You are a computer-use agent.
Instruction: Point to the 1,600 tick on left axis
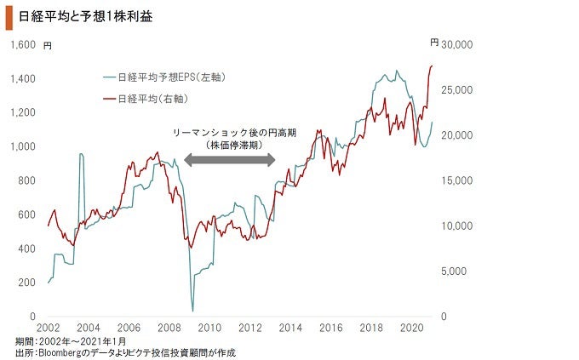pos(23,44)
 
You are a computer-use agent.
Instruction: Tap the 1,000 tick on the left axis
pos(23,146)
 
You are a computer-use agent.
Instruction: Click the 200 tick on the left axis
pos(27,283)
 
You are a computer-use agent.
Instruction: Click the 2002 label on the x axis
pos(48,328)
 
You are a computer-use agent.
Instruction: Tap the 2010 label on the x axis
pos(209,328)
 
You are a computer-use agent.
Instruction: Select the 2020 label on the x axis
pos(412,328)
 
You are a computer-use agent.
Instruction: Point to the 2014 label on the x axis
pos(290,328)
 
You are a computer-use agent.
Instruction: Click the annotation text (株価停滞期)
pos(232,146)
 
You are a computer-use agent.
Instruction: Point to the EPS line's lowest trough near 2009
pos(192,311)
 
